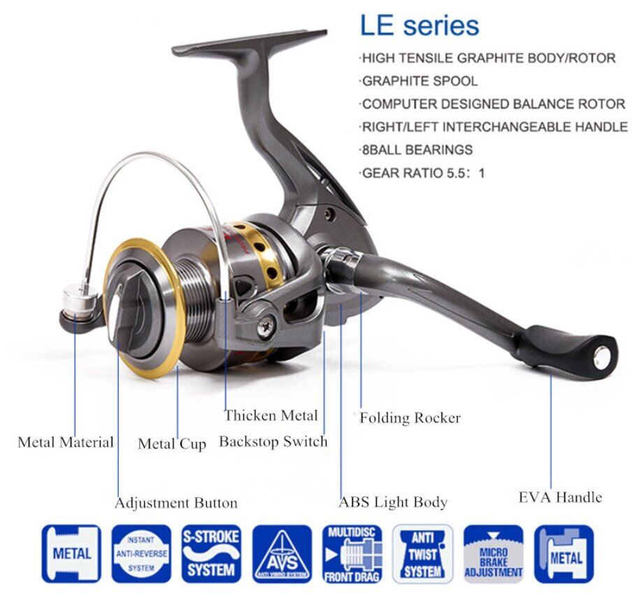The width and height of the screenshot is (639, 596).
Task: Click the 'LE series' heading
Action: [x=419, y=25]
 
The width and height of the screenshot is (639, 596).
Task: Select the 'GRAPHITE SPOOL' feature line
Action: [x=419, y=81]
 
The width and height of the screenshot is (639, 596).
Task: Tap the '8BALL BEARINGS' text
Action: [x=417, y=150]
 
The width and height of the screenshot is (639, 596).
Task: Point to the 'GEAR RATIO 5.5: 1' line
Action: [x=423, y=173]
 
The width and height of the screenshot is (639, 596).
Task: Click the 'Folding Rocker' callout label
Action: [x=410, y=418]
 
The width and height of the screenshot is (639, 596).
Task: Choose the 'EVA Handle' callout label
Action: [x=560, y=497]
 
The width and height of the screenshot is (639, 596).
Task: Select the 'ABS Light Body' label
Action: [x=393, y=502]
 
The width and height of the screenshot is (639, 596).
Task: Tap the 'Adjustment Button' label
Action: [x=176, y=503]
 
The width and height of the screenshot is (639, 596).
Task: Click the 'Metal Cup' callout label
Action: [x=172, y=444]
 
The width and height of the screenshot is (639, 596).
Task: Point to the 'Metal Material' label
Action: [x=66, y=442]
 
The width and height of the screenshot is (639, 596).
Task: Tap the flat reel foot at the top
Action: [x=250, y=43]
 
